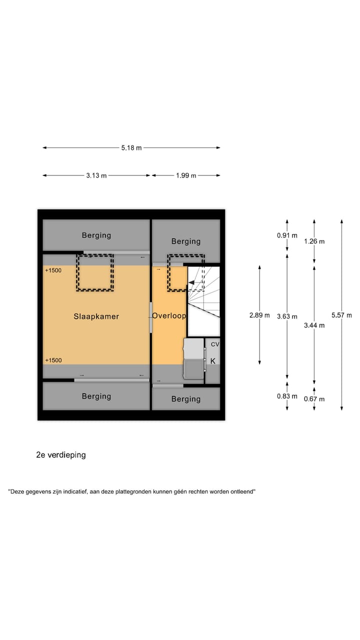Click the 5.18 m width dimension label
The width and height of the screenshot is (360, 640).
click(x=131, y=147)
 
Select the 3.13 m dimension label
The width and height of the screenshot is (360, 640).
click(x=96, y=175)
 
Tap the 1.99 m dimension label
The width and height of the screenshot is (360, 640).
click(x=186, y=175)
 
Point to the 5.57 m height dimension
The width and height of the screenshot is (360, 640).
click(x=341, y=315)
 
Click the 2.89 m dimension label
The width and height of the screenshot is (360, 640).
click(x=259, y=315)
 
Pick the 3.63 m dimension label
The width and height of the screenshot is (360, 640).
click(x=287, y=316)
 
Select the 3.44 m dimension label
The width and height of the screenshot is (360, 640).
click(x=314, y=325)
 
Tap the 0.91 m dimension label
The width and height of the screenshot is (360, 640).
click(x=287, y=235)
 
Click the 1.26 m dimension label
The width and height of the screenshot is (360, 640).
click(x=314, y=241)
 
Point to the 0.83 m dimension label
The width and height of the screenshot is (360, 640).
click(x=287, y=396)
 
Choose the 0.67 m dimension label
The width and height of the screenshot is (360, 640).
click(x=314, y=399)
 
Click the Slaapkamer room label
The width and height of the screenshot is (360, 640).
click(x=96, y=316)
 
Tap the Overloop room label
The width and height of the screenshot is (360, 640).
click(x=169, y=315)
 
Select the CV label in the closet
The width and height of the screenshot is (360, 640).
click(x=215, y=344)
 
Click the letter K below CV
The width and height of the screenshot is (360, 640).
click(x=213, y=361)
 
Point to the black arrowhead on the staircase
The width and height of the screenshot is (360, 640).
click(x=191, y=282)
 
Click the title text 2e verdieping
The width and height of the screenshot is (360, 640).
click(x=61, y=455)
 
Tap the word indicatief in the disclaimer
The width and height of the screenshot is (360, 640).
click(x=75, y=491)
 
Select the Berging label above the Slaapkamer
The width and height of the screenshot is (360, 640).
click(x=96, y=235)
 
